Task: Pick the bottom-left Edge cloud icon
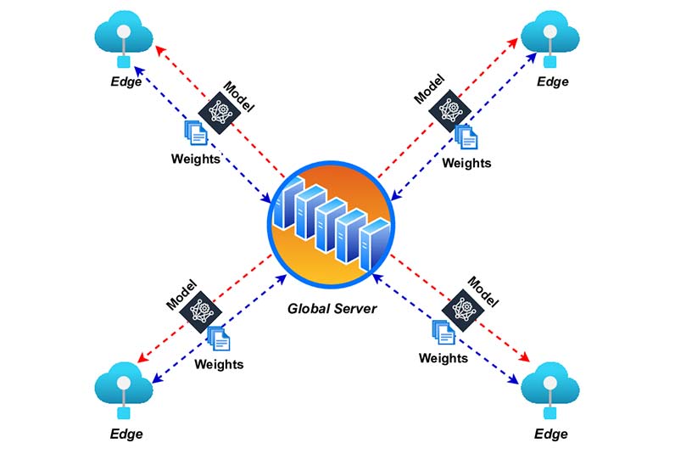(124, 390)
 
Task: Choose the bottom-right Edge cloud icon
(549, 390)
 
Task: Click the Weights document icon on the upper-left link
(196, 132)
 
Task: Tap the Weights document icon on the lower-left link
(219, 338)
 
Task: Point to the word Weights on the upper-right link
(466, 162)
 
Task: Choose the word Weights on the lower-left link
(219, 364)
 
